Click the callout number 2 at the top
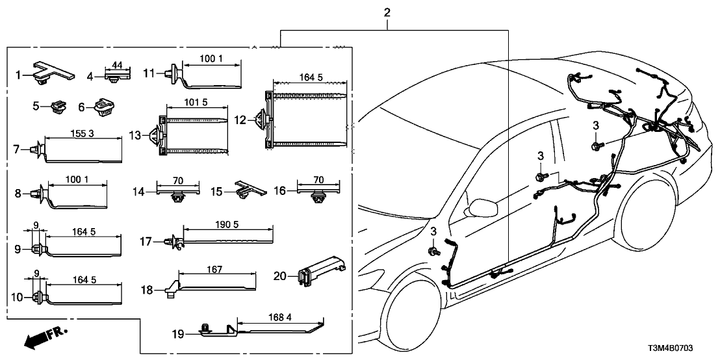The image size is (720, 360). point(387,12)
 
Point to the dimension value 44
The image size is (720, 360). point(118,65)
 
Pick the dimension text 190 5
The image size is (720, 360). point(227,224)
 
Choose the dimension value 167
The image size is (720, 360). point(214,268)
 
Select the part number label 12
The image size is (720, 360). point(240,120)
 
